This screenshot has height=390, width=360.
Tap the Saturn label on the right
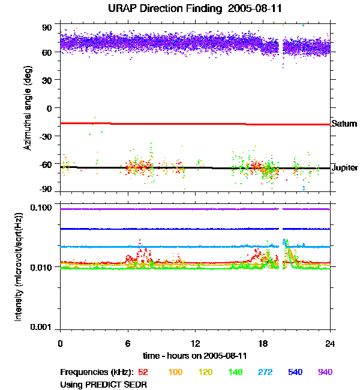344,124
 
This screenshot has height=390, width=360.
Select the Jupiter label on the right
345,168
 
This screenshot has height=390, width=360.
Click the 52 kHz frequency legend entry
143,372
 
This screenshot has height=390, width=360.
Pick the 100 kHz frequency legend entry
175,372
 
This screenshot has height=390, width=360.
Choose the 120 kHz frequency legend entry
206,372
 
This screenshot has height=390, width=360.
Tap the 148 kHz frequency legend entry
236,372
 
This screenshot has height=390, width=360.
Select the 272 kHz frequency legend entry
266,372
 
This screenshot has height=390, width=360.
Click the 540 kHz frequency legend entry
295,372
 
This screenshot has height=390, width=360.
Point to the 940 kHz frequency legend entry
325,372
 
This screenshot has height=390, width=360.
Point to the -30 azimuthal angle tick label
46,136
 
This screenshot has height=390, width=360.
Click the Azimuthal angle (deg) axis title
27,108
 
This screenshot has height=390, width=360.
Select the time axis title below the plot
195,356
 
